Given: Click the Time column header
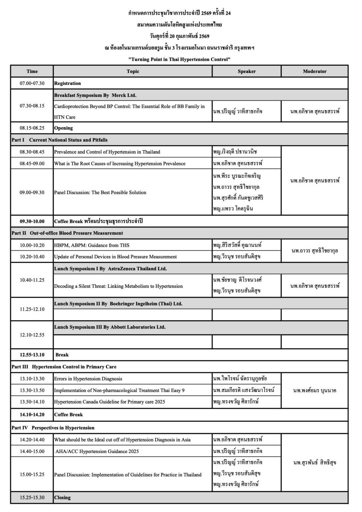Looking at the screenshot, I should pos(32,71).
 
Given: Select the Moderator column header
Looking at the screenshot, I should pos(314,71).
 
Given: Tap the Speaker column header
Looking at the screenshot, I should pos(247,71).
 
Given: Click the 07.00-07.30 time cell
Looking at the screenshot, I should pos(32,83).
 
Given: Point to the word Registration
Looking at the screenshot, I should pos(68,83).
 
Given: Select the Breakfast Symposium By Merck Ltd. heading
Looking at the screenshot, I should pos(95,95).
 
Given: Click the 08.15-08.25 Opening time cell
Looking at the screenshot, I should pos(32,128).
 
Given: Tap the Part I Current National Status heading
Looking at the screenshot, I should pos(60,140).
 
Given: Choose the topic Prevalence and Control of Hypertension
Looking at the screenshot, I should pos(107,152).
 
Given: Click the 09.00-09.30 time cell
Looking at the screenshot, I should pos(32,192).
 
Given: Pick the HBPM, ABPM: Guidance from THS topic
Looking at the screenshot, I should pos(92,245).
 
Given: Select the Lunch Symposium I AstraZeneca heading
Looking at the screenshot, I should pos(110,269).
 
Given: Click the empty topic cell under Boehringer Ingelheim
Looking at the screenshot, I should pos(133,315).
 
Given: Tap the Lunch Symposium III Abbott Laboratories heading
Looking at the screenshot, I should pos(110,327).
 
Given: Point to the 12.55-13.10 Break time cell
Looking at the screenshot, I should pos(32,355).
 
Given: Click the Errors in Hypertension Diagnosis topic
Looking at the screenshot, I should pos(88,379).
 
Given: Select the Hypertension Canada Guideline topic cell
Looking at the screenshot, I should pos(110,402).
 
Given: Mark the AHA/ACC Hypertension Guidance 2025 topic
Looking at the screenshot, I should pos(97,451).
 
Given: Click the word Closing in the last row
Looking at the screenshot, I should pos(62,498).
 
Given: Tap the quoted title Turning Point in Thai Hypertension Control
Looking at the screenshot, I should pos(180,59).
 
